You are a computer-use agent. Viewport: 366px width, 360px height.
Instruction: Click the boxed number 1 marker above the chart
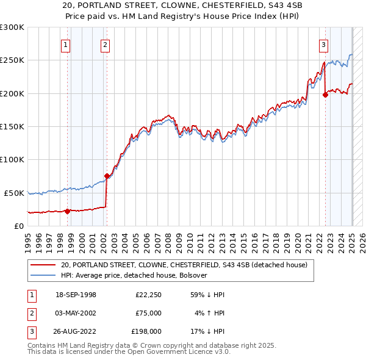click(x=65, y=44)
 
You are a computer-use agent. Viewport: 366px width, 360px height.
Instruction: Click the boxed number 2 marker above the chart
click(x=105, y=44)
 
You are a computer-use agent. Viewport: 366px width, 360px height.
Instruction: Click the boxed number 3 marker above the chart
click(x=323, y=44)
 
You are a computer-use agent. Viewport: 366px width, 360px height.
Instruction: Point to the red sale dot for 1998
click(x=68, y=211)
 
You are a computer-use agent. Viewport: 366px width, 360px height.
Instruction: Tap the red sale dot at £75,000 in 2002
click(x=107, y=176)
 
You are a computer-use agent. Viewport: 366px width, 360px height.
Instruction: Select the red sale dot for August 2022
click(x=325, y=95)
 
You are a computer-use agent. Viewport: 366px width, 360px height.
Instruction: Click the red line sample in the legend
click(x=42, y=265)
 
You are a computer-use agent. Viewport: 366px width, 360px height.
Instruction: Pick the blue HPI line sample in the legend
click(x=42, y=275)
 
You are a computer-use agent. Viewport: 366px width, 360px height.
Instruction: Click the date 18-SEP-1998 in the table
click(x=76, y=295)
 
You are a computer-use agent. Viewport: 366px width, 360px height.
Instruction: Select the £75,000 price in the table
click(x=148, y=313)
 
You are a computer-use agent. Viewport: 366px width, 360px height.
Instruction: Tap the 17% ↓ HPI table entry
click(x=209, y=331)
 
